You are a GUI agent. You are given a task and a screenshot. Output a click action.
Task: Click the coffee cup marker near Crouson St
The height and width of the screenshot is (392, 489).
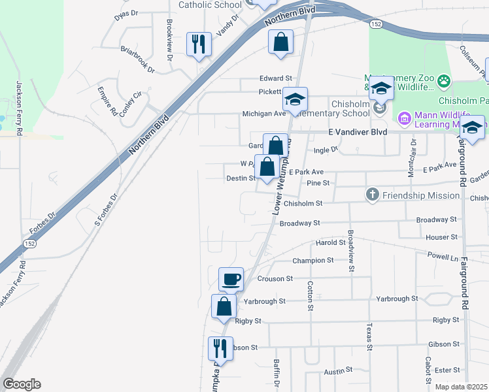(231, 280)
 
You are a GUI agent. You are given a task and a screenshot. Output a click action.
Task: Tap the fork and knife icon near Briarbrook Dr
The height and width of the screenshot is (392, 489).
(199, 44)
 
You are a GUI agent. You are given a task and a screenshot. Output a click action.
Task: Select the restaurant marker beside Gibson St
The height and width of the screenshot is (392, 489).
(220, 348)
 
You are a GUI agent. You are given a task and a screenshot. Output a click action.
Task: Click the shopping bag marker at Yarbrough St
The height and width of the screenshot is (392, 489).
(224, 306)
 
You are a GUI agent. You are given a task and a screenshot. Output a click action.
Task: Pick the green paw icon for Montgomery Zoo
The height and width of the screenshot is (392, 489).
(444, 81)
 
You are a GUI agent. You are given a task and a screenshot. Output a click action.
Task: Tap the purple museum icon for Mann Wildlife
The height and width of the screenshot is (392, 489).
(403, 119)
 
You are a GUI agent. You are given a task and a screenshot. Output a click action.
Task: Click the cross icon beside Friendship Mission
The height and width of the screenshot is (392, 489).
(372, 194)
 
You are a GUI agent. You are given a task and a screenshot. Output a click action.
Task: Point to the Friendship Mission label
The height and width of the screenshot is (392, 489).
(421, 195)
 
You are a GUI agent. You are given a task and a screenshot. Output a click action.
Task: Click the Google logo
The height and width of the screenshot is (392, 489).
(22, 384)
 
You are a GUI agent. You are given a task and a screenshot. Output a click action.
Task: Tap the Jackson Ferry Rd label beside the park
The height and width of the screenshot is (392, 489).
(20, 108)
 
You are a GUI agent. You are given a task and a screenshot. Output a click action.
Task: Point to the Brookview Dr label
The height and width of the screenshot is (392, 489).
(169, 40)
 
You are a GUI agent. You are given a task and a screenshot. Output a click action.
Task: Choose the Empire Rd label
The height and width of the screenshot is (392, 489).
(107, 101)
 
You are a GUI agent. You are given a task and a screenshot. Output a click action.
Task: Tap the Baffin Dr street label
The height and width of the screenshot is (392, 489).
(277, 375)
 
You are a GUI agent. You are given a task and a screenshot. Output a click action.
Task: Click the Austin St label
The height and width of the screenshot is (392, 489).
(339, 371)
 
